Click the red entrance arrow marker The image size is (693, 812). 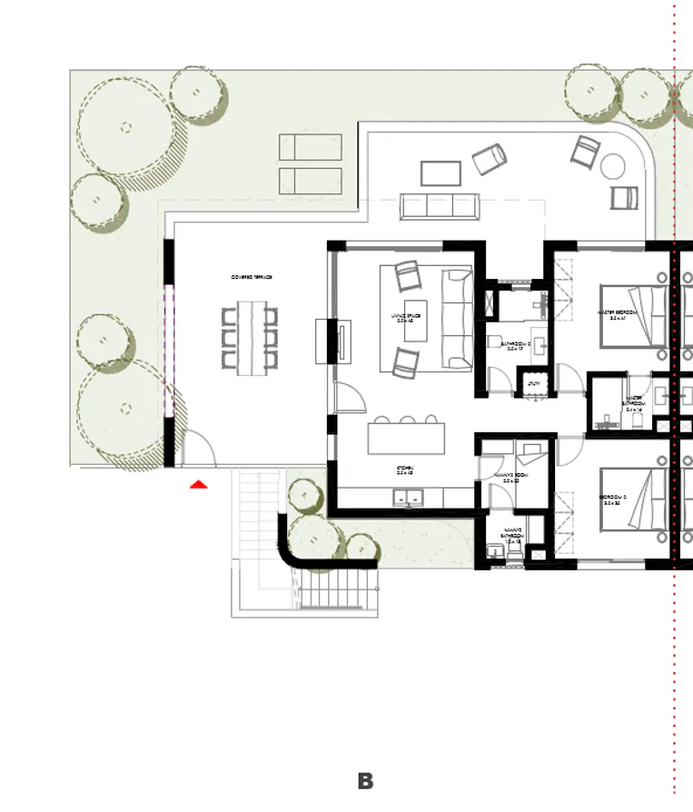(198, 485)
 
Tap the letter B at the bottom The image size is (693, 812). (365, 781)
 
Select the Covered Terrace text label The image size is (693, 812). (252, 277)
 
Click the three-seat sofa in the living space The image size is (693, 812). (456, 319)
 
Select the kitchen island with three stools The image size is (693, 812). (408, 439)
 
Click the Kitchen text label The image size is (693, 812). (405, 471)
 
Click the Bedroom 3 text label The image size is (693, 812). (613, 500)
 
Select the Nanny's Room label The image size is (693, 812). (506, 477)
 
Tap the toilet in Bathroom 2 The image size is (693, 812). (495, 342)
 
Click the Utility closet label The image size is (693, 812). (534, 384)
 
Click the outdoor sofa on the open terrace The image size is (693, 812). (440, 206)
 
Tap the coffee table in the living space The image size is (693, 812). (415, 327)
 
